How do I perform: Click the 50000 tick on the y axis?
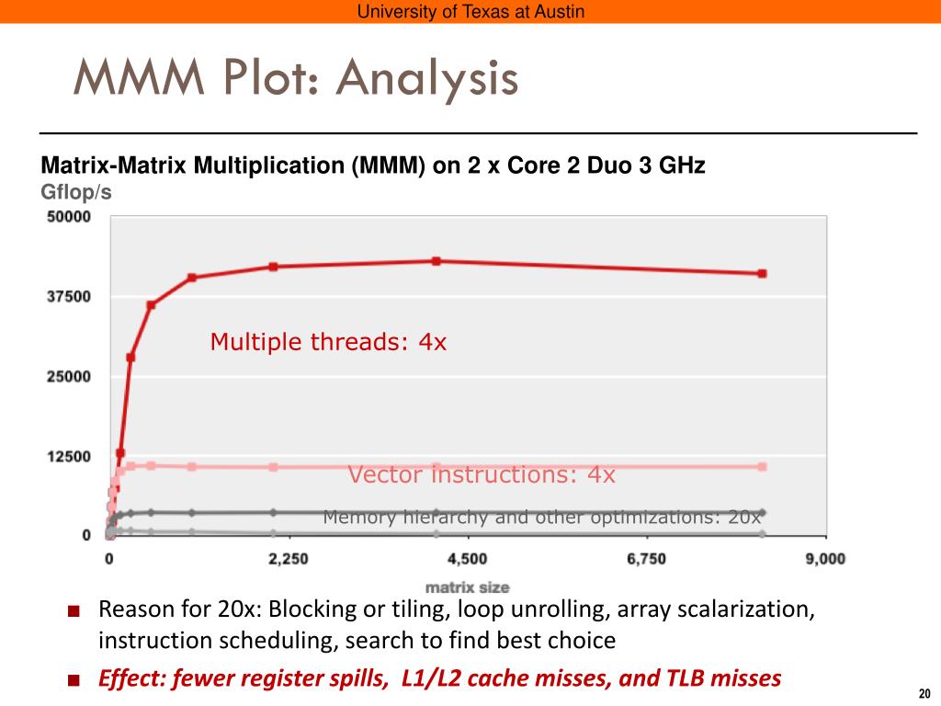coord(68,217)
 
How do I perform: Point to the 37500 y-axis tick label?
coord(68,296)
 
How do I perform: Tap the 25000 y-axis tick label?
coord(68,376)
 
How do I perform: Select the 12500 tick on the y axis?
coord(68,456)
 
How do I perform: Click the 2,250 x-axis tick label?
coord(289,558)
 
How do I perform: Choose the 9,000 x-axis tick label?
coord(824,558)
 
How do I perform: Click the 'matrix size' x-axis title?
coord(467,586)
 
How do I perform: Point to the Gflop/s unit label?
coord(76,192)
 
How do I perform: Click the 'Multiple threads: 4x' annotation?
coord(328,343)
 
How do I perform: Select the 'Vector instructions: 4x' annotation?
coord(482,475)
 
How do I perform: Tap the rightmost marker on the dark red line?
coord(762,273)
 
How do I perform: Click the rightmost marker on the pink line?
coord(762,467)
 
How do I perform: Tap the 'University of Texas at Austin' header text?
coord(470,12)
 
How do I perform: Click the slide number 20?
coord(924,692)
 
